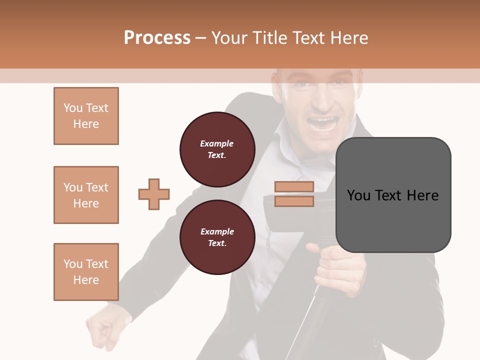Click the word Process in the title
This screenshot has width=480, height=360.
[x=157, y=37]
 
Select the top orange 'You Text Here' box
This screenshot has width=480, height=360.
[x=86, y=116]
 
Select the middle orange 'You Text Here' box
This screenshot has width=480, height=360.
[x=86, y=195]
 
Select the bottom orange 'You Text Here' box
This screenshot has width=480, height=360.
[x=86, y=271]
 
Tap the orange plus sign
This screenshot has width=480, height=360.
[x=154, y=194]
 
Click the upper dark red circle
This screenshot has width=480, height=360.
[x=217, y=149]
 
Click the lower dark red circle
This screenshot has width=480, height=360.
[x=217, y=237]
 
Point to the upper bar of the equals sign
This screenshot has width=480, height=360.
[x=294, y=186]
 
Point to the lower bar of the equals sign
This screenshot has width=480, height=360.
[x=294, y=201]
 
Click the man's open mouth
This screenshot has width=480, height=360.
[x=322, y=123]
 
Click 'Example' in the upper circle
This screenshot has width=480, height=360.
[x=217, y=143]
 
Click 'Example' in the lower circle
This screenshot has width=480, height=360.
[x=217, y=231]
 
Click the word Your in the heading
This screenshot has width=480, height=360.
[x=230, y=37]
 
